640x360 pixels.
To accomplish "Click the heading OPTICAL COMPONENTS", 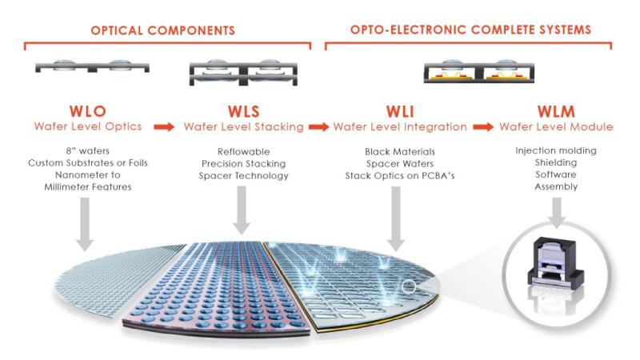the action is pyautogui.click(x=162, y=30).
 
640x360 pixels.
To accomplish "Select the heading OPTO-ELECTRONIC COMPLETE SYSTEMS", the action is pyautogui.click(x=470, y=30).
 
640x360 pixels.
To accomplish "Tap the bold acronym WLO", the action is pyautogui.click(x=88, y=111).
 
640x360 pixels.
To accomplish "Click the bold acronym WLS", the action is pyautogui.click(x=244, y=111).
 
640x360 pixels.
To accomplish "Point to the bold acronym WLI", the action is pyautogui.click(x=400, y=111).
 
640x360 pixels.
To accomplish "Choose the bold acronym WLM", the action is pyautogui.click(x=556, y=111).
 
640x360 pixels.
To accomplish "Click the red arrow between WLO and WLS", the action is pyautogui.click(x=164, y=127).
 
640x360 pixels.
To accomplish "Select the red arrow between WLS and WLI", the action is pyautogui.click(x=318, y=127).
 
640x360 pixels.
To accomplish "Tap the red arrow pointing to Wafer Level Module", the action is pyautogui.click(x=483, y=127).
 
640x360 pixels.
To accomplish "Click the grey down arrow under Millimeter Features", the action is pyautogui.click(x=85, y=224).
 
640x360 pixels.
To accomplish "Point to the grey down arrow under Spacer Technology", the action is pyautogui.click(x=242, y=210).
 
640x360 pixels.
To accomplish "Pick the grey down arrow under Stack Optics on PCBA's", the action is pyautogui.click(x=395, y=218).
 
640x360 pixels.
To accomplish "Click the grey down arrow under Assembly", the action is pyautogui.click(x=556, y=213).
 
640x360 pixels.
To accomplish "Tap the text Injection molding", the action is pyautogui.click(x=556, y=150).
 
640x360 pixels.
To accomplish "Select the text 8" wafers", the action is pyautogui.click(x=88, y=151).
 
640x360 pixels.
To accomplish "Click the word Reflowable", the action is pyautogui.click(x=244, y=151).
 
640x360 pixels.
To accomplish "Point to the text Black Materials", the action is pyautogui.click(x=400, y=151).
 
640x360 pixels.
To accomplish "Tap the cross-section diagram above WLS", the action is pyautogui.click(x=244, y=73).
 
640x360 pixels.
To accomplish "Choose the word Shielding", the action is pyautogui.click(x=556, y=162).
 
